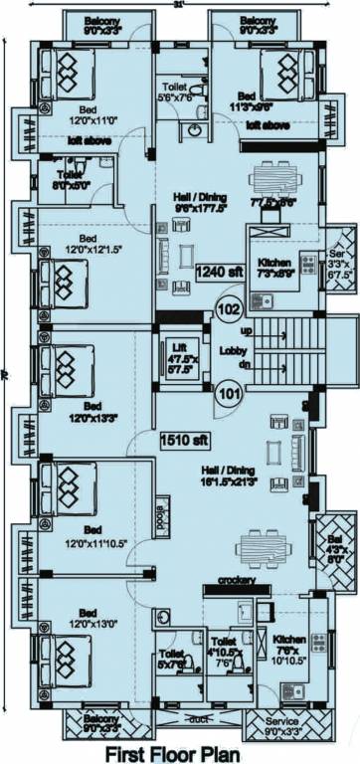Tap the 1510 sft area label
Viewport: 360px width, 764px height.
coord(183,438)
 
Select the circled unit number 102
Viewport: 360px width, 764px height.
coord(228,308)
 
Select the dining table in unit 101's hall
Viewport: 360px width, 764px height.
coord(264,547)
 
